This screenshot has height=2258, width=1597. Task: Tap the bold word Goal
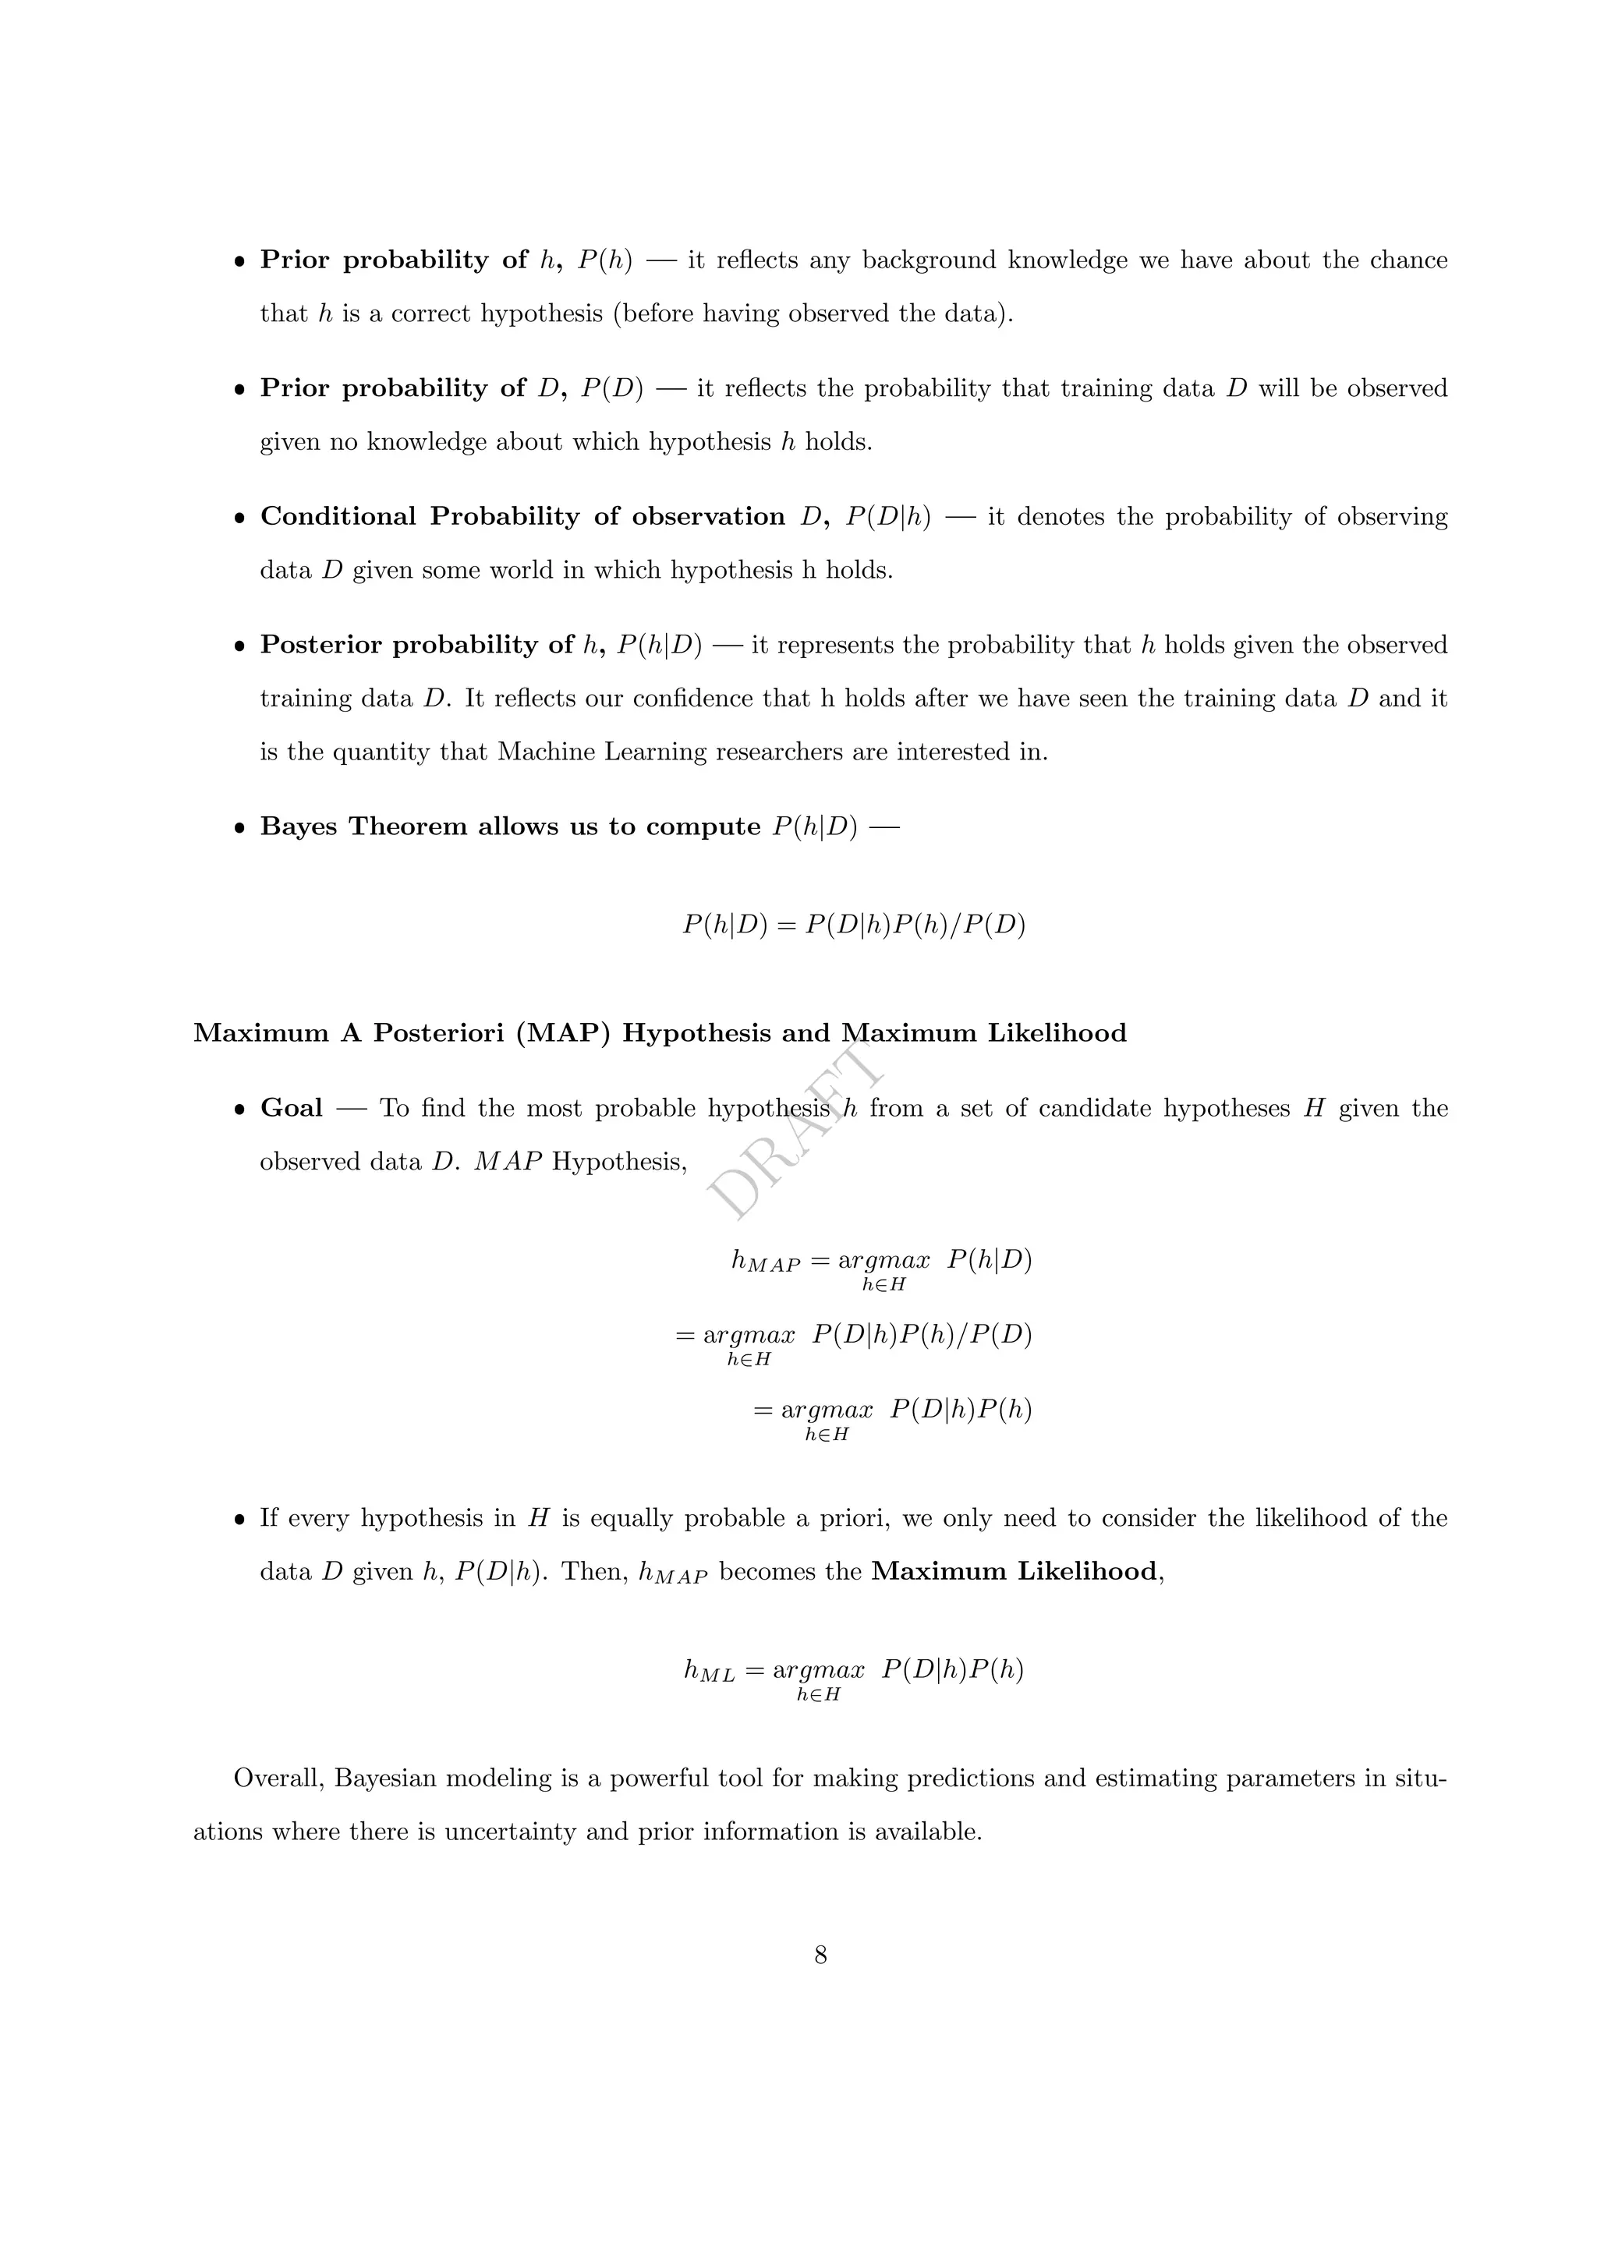pos(291,1109)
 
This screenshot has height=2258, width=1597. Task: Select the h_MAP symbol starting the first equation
pos(765,1262)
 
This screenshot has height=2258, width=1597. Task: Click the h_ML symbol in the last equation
pos(709,1671)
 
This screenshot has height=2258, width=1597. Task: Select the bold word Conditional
pos(338,517)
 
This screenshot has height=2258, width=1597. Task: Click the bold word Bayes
pos(298,826)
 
